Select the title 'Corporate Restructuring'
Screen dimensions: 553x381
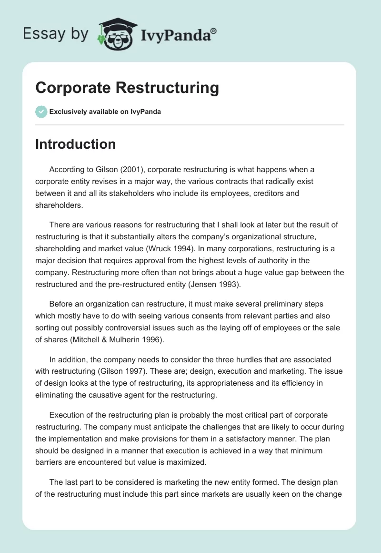[127, 88]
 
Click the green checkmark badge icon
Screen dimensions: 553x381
[41, 112]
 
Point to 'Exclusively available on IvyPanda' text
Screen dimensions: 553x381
[105, 112]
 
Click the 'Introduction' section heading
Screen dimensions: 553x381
[75, 144]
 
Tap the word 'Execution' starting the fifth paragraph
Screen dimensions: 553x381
[67, 415]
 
